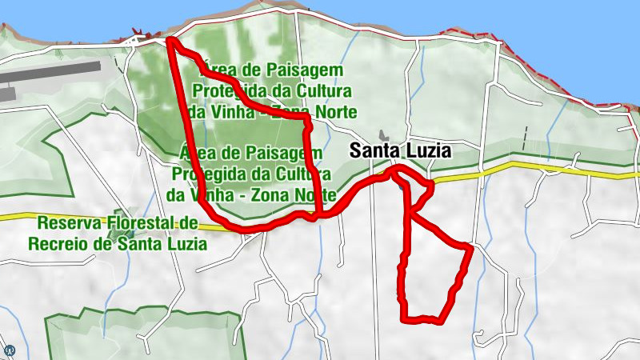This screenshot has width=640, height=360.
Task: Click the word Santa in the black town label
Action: [374, 150]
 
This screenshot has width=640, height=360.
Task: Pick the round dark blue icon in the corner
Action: [10, 350]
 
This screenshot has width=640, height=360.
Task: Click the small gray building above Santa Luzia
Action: [381, 136]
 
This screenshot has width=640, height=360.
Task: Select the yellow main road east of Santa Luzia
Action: [560, 169]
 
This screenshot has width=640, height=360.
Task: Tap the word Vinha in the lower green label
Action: [208, 194]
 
